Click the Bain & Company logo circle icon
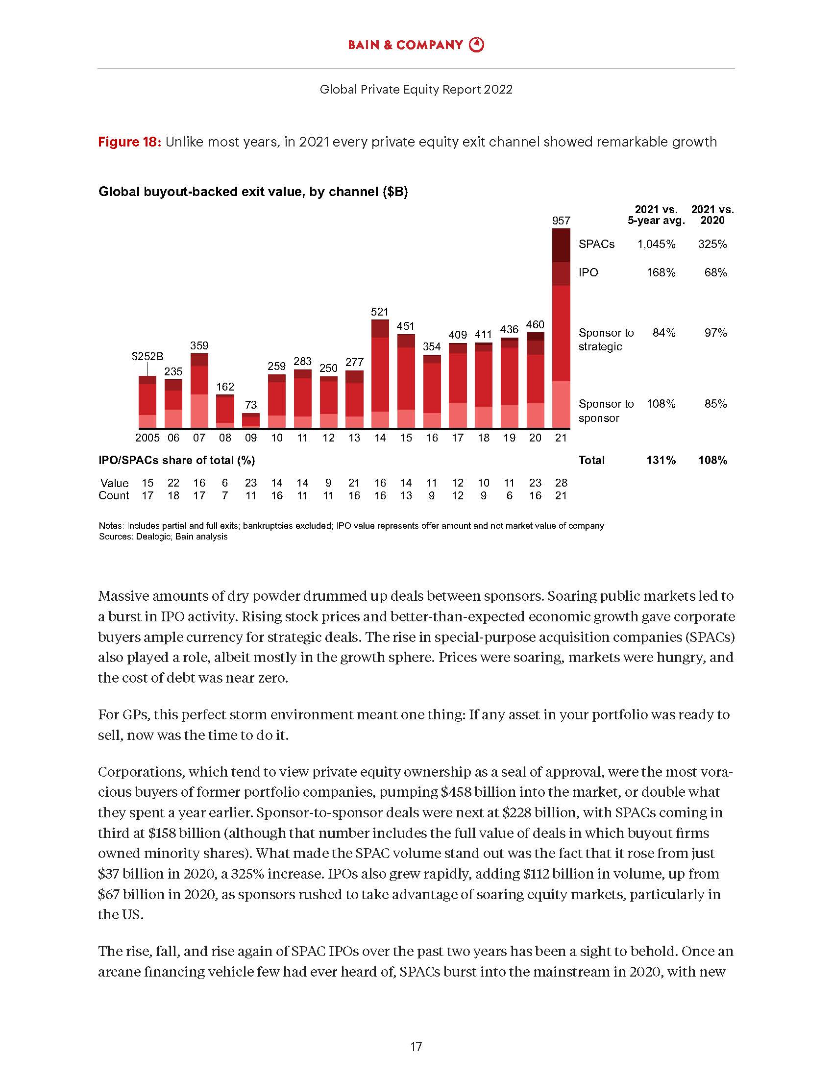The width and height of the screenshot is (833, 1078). tap(476, 45)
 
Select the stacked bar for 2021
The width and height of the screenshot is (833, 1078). tap(561, 328)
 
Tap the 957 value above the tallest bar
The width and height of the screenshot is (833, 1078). tap(561, 220)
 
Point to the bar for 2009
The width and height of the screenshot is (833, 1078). tap(251, 420)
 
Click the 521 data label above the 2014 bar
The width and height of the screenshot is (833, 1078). tap(379, 312)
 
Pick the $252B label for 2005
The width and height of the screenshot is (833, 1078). tap(147, 356)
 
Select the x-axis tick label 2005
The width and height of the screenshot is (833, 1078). tap(147, 438)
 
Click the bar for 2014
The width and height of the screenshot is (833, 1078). tap(379, 374)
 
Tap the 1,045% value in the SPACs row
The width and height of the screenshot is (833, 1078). tap(656, 245)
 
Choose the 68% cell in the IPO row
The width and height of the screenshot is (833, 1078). tap(715, 272)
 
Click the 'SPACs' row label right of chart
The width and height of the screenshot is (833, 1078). tap(596, 245)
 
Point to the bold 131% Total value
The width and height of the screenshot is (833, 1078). tap(661, 460)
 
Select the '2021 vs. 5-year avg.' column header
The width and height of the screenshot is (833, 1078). tap(656, 215)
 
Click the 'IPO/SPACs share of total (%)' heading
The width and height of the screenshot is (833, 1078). tap(177, 460)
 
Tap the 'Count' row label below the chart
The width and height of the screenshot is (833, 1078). tap(114, 495)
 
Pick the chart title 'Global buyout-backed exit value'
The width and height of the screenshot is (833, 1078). tap(253, 192)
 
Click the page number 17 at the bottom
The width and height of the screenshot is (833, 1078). tap(416, 1047)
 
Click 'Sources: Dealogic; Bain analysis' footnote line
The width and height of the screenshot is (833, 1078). tap(163, 537)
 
